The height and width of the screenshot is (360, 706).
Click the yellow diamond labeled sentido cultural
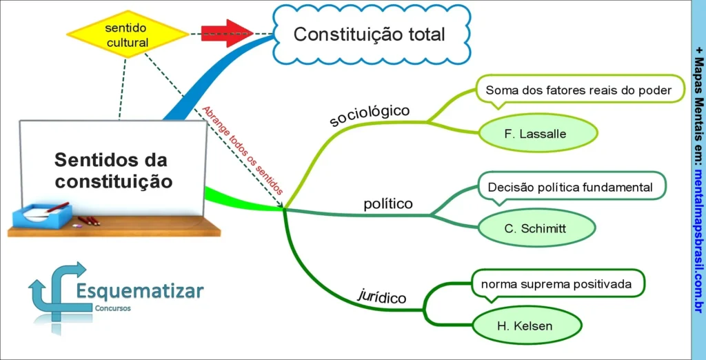[x=127, y=34]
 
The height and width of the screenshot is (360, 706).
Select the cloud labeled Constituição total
[x=369, y=34]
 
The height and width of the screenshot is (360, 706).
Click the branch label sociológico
[x=370, y=115]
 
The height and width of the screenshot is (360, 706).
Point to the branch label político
[x=388, y=204]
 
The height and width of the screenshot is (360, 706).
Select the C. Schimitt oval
[x=535, y=228]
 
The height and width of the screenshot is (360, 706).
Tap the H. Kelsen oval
[x=525, y=325]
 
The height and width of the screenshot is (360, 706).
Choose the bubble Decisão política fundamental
[x=569, y=187]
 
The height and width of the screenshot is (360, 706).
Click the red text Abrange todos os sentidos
[x=242, y=149]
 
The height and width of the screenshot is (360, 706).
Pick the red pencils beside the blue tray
[x=89, y=221]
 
